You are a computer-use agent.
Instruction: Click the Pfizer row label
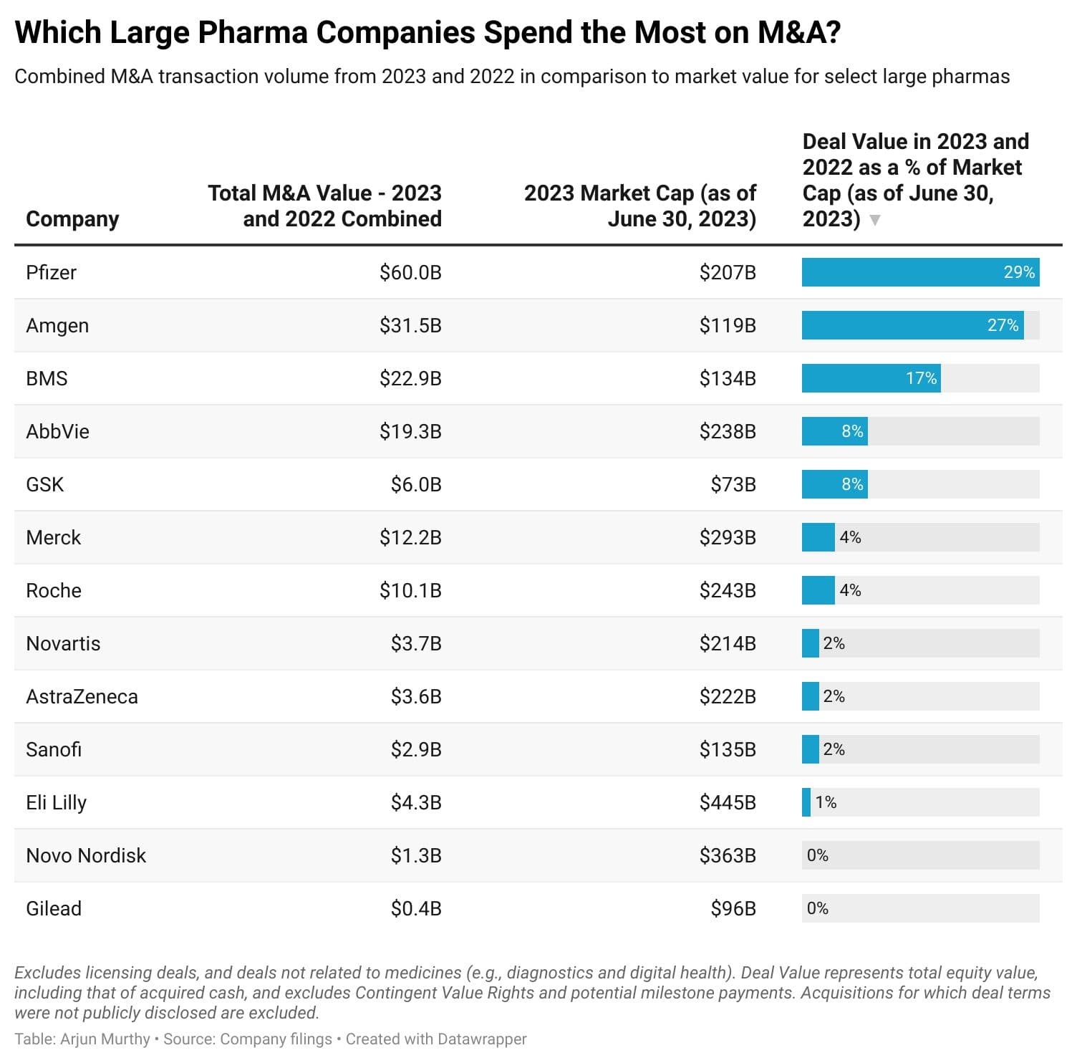(x=51, y=272)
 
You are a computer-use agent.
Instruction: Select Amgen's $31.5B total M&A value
(x=410, y=325)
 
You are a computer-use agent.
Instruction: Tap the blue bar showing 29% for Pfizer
(x=919, y=272)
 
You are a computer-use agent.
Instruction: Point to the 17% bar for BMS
(x=871, y=378)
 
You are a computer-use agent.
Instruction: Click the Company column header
(x=72, y=218)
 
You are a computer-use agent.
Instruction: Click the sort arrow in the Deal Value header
(x=874, y=220)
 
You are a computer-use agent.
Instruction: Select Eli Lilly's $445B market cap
(x=728, y=802)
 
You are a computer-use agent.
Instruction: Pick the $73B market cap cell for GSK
(x=733, y=484)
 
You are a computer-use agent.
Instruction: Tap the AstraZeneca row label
(x=82, y=696)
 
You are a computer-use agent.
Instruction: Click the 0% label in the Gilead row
(x=817, y=908)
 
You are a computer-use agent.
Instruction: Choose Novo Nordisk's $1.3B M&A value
(x=416, y=855)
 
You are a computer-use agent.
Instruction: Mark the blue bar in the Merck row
(x=818, y=537)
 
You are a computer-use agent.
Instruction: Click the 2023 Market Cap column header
(x=639, y=206)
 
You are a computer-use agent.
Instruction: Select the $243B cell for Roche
(x=728, y=590)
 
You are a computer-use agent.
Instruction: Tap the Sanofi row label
(x=54, y=749)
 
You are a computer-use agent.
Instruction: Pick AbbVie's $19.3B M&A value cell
(x=410, y=431)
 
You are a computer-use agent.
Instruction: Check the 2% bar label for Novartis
(x=834, y=643)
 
